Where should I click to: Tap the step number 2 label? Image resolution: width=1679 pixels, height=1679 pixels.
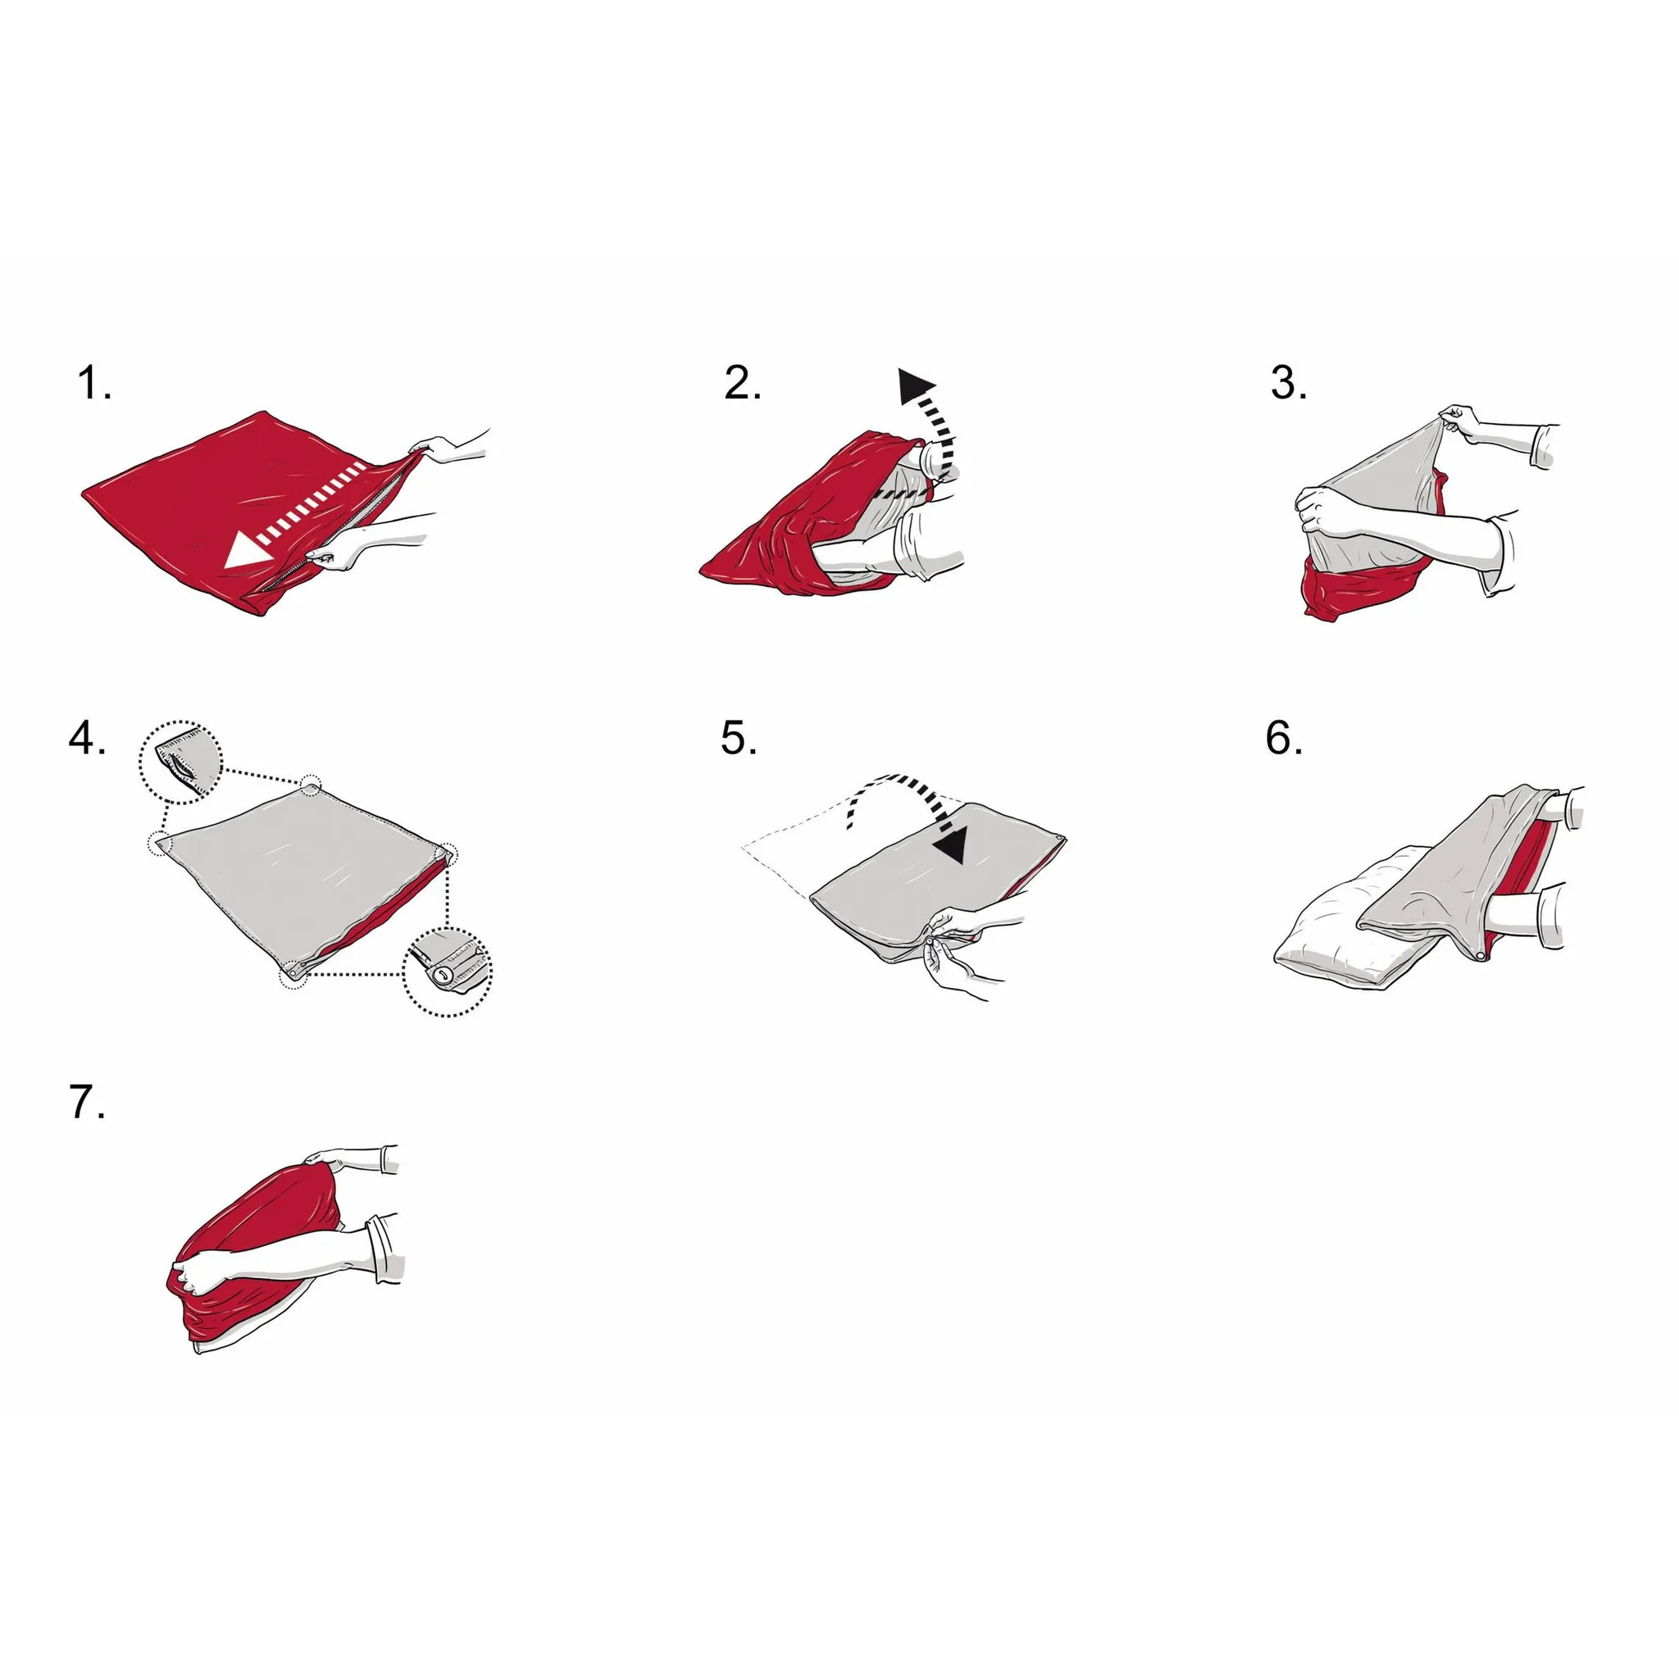[x=743, y=383]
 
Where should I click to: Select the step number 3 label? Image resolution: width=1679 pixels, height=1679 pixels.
[x=1289, y=383]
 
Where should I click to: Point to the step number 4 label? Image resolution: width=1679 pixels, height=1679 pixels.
[x=88, y=739]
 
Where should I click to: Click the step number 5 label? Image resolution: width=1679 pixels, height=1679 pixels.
[x=739, y=739]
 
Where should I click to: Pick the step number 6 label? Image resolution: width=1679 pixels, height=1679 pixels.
[x=1285, y=739]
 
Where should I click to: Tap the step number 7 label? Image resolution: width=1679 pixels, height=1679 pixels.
[x=87, y=1103]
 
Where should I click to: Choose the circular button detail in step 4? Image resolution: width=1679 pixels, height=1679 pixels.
[x=447, y=971]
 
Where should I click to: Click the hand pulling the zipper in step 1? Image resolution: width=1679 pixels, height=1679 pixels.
[x=334, y=551]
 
